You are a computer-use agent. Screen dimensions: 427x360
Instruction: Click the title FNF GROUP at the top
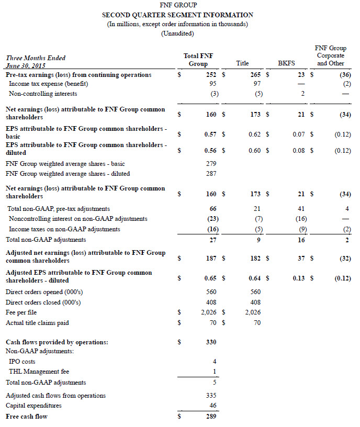click(x=177, y=6)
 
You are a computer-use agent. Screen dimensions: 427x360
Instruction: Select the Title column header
click(x=242, y=63)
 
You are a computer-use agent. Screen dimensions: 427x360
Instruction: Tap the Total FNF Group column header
click(x=198, y=60)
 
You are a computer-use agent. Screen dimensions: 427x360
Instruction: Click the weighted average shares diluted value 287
click(x=212, y=174)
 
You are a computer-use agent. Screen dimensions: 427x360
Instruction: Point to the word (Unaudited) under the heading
click(x=177, y=33)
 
